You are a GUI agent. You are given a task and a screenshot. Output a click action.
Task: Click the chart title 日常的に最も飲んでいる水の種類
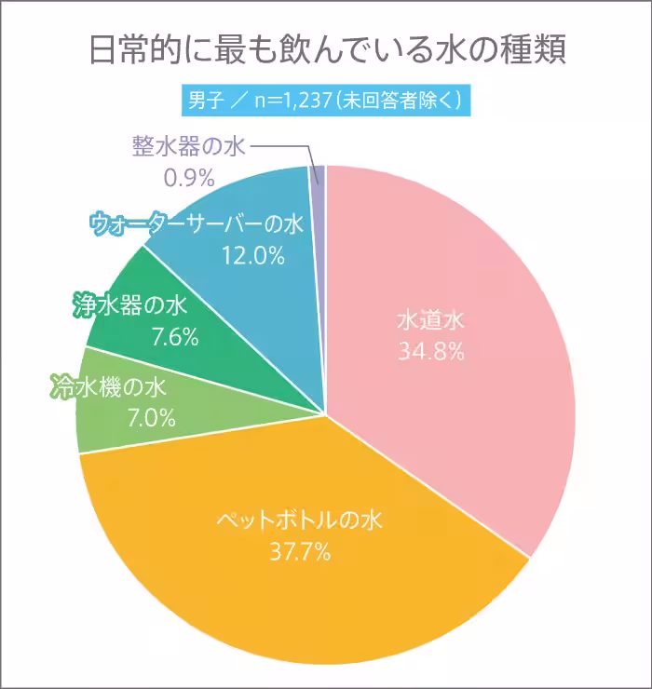pos(326,49)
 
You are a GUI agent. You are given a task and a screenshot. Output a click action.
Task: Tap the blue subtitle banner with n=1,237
pos(326,99)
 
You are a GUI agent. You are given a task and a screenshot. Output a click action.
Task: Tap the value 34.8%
pos(430,353)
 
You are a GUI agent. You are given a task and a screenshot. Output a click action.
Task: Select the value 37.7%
pos(300,552)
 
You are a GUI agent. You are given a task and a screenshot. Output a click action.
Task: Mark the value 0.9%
pos(189,175)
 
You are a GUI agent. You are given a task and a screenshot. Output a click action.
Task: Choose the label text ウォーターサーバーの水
pos(197,224)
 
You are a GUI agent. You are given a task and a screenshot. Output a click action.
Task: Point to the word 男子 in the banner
pos(206,99)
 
